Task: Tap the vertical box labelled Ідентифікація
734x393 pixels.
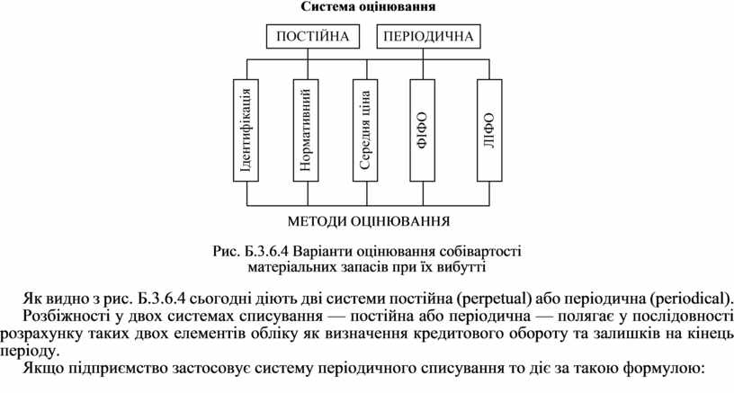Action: (246, 128)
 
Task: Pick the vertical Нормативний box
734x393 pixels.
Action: (306, 128)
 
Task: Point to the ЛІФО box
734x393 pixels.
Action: (488, 128)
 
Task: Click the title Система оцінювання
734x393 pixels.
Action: (367, 7)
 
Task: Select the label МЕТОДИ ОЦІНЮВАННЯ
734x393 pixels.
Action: (368, 220)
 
